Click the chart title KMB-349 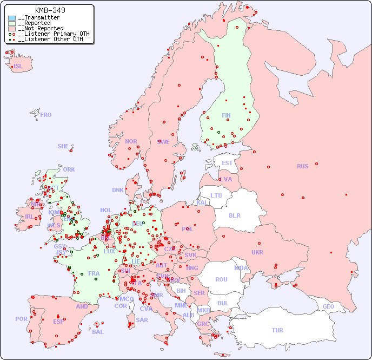click(50, 10)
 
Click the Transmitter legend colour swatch click(12, 18)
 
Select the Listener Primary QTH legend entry click(49, 34)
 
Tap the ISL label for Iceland click(18, 67)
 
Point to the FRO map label click(46, 115)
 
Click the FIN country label click(226, 115)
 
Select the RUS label click(302, 166)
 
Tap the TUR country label click(277, 330)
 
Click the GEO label click(328, 306)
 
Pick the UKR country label click(257, 252)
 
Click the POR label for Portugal click(21, 319)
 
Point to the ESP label click(58, 322)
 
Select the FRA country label click(94, 273)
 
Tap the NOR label click(131, 141)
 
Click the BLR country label click(234, 215)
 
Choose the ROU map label click(221, 279)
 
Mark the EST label click(227, 163)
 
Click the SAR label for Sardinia click(142, 320)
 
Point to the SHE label click(63, 146)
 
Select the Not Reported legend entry click(40, 28)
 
